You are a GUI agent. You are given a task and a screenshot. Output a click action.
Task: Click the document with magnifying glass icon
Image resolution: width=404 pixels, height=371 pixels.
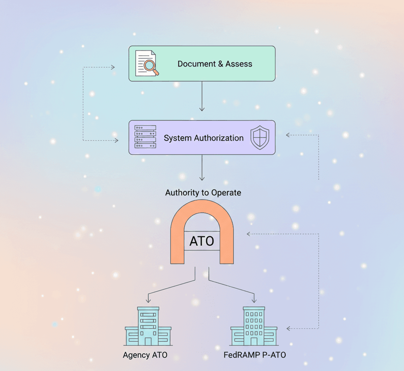(146, 63)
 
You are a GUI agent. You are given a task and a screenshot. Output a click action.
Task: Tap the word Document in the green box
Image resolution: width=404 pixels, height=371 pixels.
(193, 64)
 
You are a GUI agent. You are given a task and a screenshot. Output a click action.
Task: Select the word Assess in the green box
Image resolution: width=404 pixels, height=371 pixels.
(239, 64)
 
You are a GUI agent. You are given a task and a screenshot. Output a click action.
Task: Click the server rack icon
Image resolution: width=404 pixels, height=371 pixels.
(145, 137)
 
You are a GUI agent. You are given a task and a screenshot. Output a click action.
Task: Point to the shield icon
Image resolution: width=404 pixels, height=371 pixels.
(259, 137)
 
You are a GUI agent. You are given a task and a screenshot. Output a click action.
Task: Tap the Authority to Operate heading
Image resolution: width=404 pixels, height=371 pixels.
(203, 193)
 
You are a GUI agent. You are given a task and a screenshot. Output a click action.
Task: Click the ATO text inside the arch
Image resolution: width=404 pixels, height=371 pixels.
(202, 241)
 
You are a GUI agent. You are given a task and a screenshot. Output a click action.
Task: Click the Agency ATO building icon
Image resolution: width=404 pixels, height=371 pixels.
(148, 326)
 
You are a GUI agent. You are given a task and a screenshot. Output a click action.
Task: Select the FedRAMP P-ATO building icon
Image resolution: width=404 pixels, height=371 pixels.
(254, 326)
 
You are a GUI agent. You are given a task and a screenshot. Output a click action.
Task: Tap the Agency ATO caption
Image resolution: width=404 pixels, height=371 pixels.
(145, 355)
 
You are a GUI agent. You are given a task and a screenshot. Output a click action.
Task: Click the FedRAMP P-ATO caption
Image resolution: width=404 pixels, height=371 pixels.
(254, 355)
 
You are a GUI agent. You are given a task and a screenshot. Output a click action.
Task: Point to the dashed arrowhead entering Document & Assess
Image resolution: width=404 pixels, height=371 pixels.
(112, 67)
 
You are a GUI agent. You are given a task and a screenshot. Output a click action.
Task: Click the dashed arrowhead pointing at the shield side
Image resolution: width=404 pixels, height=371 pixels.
(288, 135)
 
